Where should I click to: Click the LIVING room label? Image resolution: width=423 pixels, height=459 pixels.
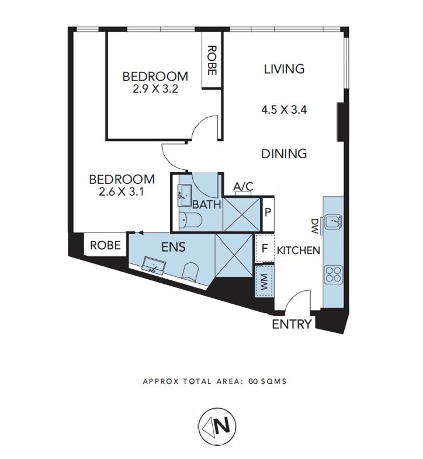click(284, 69)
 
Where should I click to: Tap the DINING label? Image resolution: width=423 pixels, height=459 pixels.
click(284, 154)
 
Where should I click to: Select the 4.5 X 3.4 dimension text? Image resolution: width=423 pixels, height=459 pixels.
click(284, 110)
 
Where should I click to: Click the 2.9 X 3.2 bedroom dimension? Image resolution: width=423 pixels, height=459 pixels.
click(155, 89)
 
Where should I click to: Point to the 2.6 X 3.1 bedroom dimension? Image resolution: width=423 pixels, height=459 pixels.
click(122, 192)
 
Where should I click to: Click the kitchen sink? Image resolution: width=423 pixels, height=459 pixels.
click(333, 221)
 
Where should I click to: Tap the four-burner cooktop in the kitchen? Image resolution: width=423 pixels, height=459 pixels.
click(333, 274)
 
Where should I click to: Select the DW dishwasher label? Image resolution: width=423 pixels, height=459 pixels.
click(314, 226)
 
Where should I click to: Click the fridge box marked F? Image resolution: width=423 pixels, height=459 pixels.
click(265, 249)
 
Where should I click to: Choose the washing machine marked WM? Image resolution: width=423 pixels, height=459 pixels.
click(265, 281)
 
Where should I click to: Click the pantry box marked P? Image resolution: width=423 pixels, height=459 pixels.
click(268, 213)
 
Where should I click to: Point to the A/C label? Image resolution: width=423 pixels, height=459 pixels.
click(243, 186)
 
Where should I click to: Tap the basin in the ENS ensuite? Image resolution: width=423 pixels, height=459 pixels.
click(154, 265)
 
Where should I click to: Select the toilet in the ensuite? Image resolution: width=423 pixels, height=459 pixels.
click(190, 272)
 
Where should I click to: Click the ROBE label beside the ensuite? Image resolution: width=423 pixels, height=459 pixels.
click(105, 245)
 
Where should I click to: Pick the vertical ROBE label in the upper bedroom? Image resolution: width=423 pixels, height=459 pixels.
click(212, 60)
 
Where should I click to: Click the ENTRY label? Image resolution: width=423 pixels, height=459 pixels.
click(292, 324)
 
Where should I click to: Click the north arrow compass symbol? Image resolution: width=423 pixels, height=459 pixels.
click(217, 425)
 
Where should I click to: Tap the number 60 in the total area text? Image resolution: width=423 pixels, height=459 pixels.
click(252, 381)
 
